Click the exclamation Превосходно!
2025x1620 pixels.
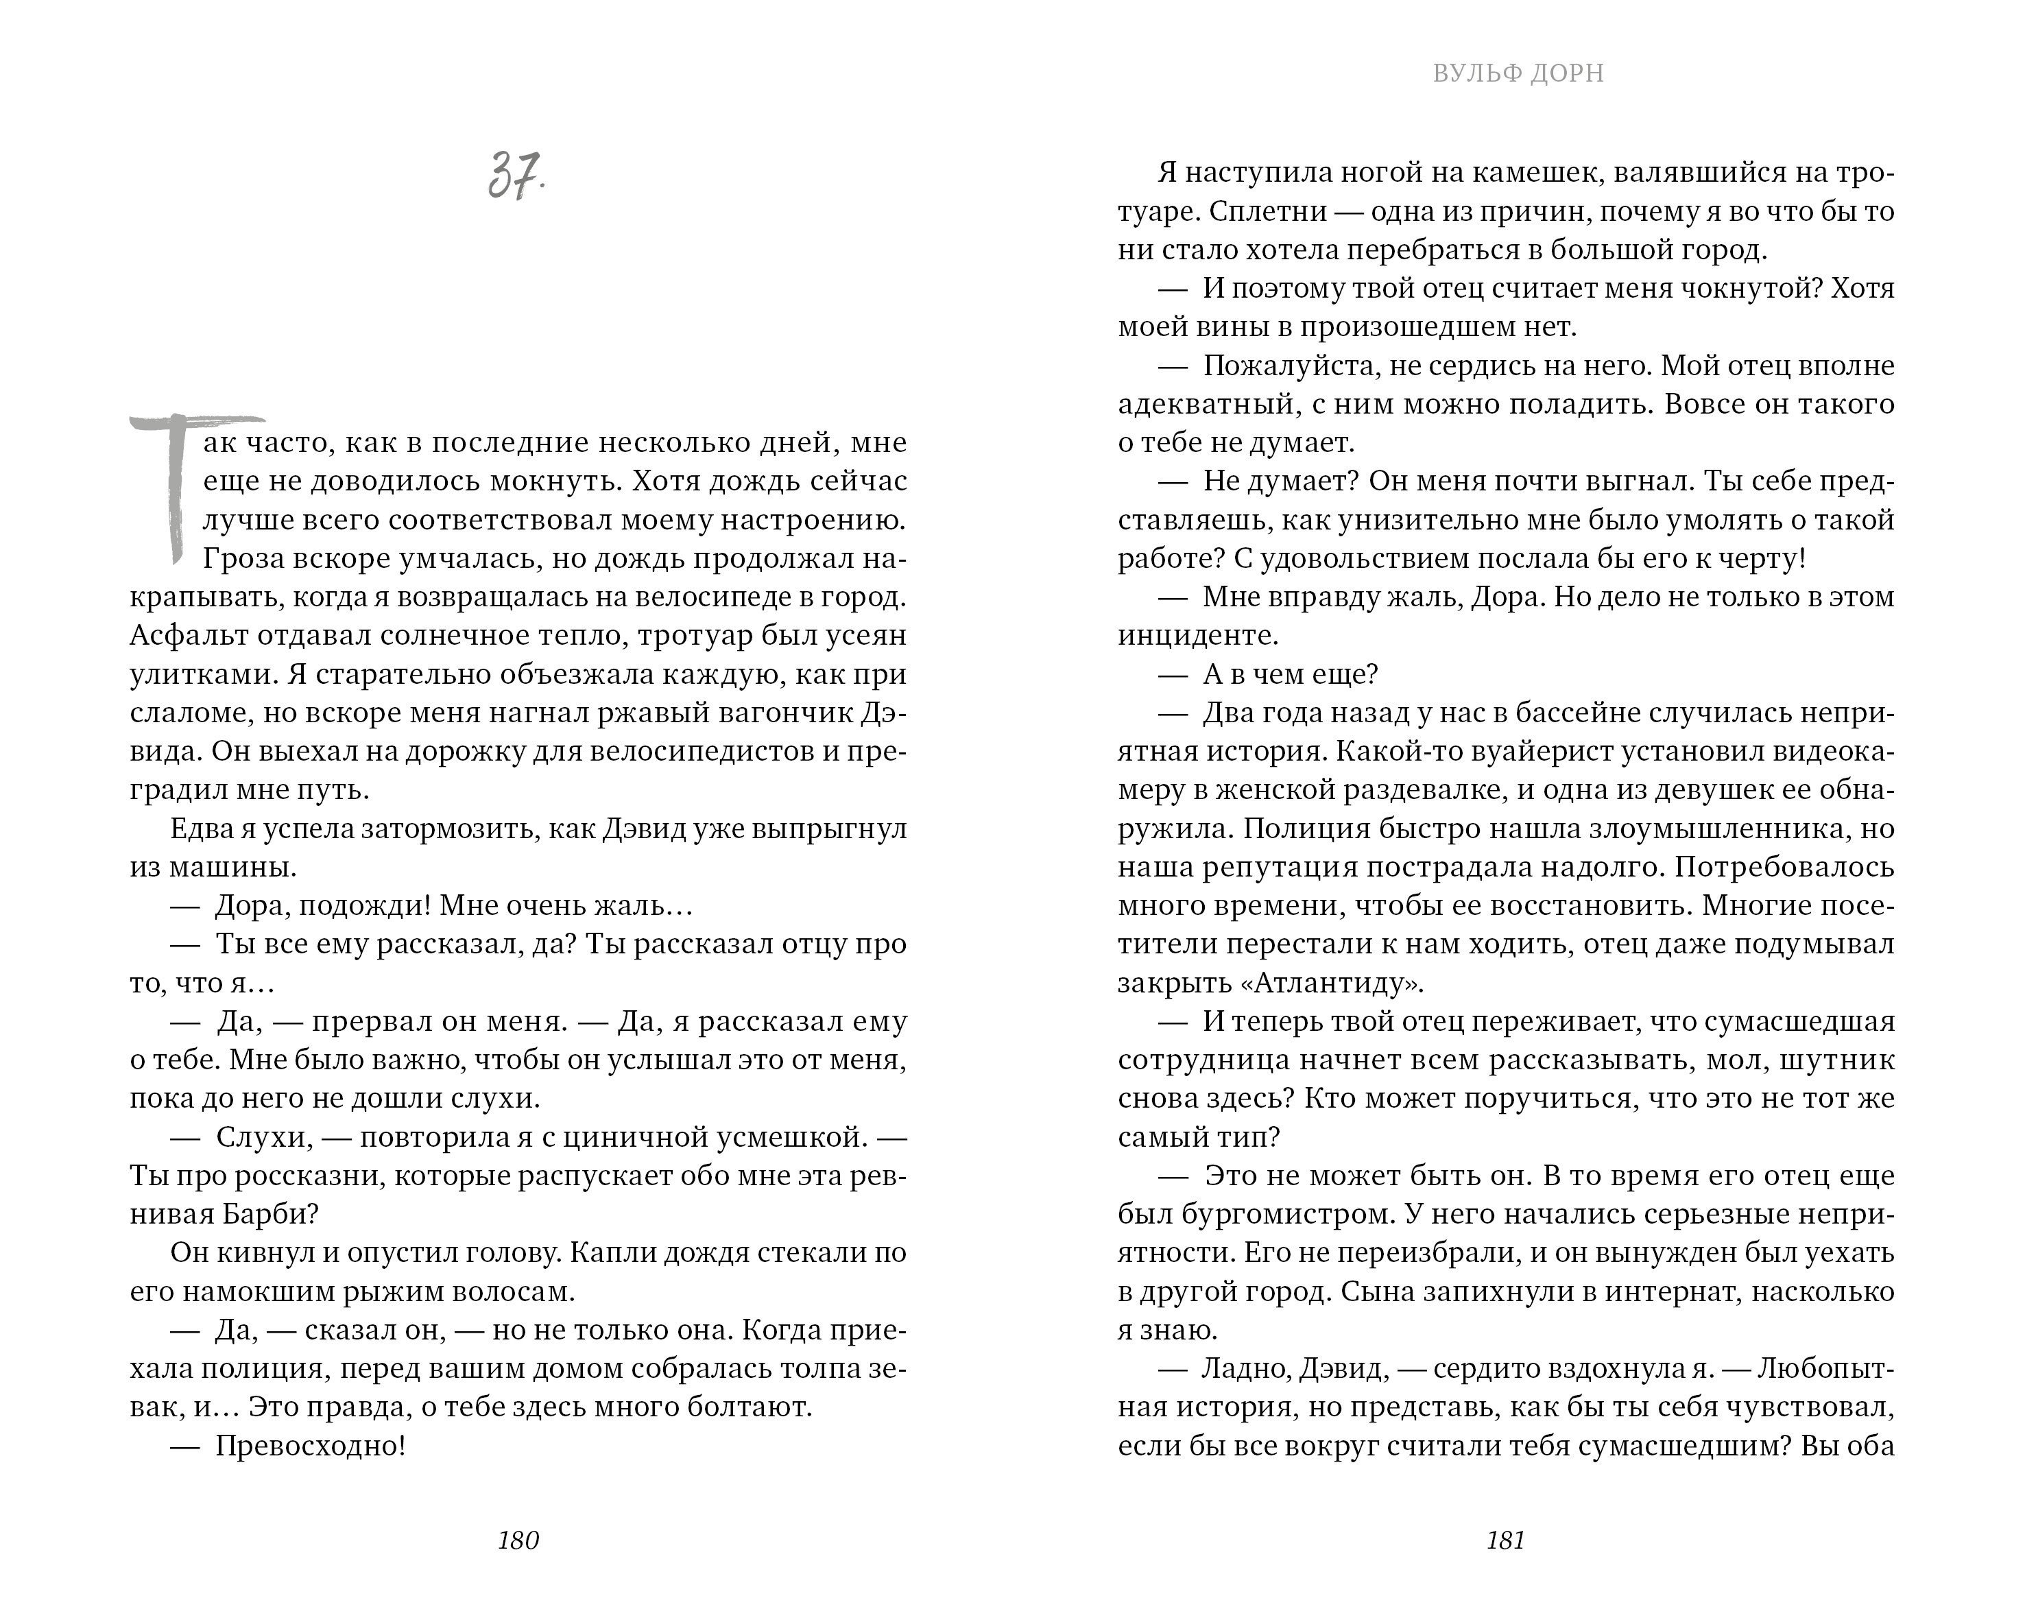point(310,1445)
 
